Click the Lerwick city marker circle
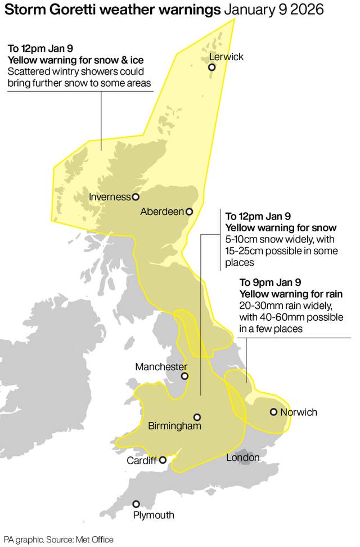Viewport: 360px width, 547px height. coord(212,68)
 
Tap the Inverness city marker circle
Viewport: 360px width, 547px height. coord(136,197)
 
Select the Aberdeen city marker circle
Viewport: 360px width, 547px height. coord(190,212)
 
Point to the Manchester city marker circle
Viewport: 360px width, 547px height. coord(184,376)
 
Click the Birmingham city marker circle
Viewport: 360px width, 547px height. coord(197,417)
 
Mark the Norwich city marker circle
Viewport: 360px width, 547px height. coord(273,412)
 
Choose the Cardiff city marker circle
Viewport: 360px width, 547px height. coord(163,460)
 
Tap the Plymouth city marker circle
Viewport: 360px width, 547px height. coord(136,504)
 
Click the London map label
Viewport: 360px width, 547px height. coord(242,458)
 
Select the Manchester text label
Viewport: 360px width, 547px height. coord(161,366)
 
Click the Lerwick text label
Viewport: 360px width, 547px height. coord(226,57)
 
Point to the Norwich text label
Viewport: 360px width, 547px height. coord(299,412)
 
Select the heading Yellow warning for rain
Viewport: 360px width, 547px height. coord(291,294)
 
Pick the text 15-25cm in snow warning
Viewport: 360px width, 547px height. coord(244,251)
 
